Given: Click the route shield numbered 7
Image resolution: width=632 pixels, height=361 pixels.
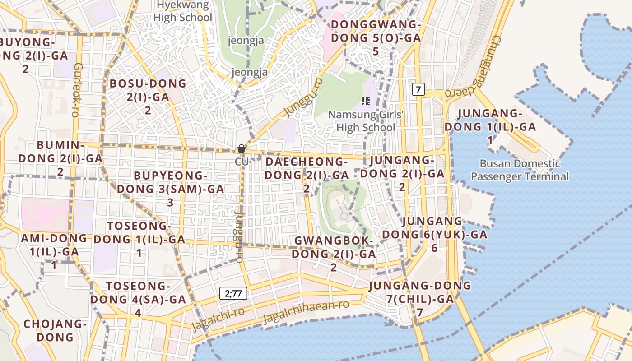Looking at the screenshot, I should tap(418, 89).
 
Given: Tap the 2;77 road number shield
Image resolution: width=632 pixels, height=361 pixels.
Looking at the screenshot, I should tap(233, 293).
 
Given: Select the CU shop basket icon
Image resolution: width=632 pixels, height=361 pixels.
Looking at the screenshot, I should tap(242, 148).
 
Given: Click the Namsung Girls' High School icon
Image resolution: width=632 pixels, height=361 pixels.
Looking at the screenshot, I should tap(366, 101).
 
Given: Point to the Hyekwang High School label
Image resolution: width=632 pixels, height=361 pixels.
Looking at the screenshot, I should tap(182, 11).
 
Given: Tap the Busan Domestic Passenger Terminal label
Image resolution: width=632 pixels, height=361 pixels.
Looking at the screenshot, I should tap(520, 170).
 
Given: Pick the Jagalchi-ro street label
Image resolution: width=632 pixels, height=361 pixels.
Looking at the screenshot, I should tap(218, 319).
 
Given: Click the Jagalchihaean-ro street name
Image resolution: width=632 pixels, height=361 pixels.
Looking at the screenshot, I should tap(306, 311).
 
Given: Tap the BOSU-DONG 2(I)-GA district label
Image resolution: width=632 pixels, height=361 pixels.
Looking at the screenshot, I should tap(148, 97).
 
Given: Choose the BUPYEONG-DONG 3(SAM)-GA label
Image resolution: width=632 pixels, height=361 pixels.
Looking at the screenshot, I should tap(171, 189).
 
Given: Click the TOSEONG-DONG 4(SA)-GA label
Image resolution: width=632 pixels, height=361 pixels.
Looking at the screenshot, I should tap(138, 299).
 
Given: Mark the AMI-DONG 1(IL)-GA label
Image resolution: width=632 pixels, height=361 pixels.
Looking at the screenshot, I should tap(54, 251).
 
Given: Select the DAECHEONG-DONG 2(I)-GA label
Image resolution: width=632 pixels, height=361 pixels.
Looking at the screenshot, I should tap(307, 175).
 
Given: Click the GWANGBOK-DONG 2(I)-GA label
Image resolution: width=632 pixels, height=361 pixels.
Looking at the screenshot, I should tap(334, 254).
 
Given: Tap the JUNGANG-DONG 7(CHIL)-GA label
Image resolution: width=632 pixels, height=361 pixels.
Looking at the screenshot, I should tap(420, 299).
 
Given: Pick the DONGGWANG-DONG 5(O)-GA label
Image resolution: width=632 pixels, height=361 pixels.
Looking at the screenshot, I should tap(376, 38).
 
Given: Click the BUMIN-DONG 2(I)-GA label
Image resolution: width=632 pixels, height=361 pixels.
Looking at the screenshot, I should tap(60, 158).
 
